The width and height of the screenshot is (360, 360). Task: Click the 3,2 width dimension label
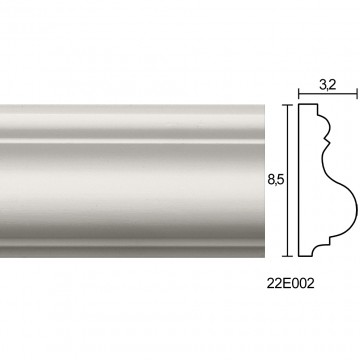[x=328, y=85]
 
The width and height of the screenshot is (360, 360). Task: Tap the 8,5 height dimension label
[x=275, y=179]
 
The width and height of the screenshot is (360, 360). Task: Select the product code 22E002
[x=290, y=283]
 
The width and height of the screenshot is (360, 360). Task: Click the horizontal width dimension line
[x=328, y=94]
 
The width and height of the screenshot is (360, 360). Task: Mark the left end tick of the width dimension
[x=298, y=94]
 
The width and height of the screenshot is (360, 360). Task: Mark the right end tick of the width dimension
[x=357, y=94]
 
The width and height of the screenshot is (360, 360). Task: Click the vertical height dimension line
[x=287, y=180]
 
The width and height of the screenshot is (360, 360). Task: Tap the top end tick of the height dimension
[x=287, y=105]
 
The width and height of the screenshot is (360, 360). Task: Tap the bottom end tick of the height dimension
[x=287, y=256]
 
